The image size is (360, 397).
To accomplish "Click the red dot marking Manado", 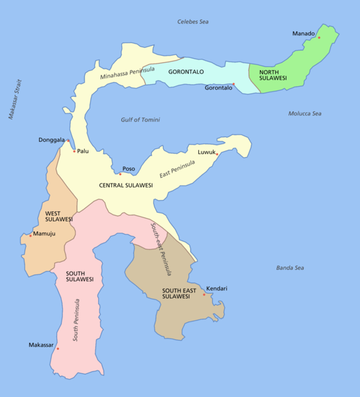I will (319, 38).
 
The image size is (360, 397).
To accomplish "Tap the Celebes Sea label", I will (193, 22).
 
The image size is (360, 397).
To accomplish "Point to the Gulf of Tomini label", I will (141, 120).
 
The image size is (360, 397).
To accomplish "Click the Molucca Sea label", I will (305, 114).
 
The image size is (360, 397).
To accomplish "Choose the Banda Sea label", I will (290, 268).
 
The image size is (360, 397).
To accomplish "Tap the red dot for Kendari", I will (204, 294).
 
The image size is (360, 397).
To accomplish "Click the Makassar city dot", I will (58, 349).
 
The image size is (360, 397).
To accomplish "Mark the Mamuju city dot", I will (30, 235).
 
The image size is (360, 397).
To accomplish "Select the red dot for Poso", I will (120, 174).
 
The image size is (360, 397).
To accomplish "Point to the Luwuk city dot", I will (217, 154).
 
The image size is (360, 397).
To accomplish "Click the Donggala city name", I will (52, 141).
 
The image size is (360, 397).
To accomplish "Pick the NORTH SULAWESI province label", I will (272, 75).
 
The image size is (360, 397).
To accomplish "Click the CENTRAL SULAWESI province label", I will (126, 186).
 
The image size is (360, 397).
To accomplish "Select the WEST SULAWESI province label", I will (58, 216).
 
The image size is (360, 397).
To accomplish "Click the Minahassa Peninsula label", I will (127, 73).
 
